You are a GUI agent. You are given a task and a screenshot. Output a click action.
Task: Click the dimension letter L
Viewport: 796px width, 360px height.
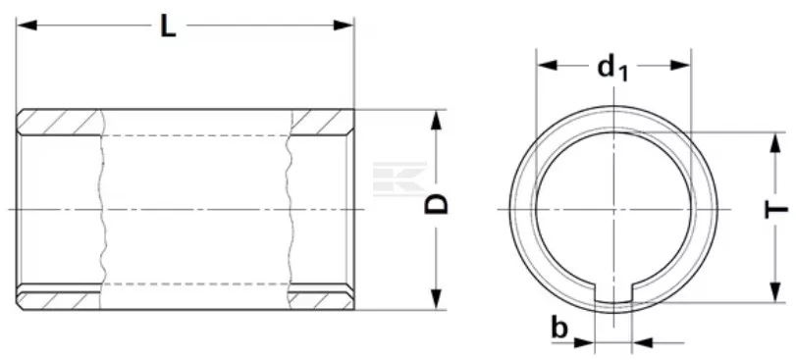point(168,26)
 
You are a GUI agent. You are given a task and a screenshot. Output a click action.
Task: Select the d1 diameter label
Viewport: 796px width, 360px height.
point(613,68)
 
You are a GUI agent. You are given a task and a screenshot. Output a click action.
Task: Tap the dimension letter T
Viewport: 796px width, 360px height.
point(776,209)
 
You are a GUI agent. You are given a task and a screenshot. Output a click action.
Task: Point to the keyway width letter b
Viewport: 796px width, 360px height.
point(559,328)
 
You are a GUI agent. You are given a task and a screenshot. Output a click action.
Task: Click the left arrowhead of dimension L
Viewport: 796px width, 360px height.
point(27,25)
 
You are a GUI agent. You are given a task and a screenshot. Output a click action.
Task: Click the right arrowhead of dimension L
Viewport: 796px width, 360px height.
point(344,25)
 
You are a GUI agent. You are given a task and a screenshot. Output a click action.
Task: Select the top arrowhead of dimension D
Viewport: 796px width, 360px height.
point(436,121)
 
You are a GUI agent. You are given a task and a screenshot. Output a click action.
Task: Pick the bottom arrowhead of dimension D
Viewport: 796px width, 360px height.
point(436,298)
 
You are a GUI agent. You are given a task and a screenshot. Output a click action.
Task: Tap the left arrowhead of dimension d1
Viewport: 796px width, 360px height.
point(548,65)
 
